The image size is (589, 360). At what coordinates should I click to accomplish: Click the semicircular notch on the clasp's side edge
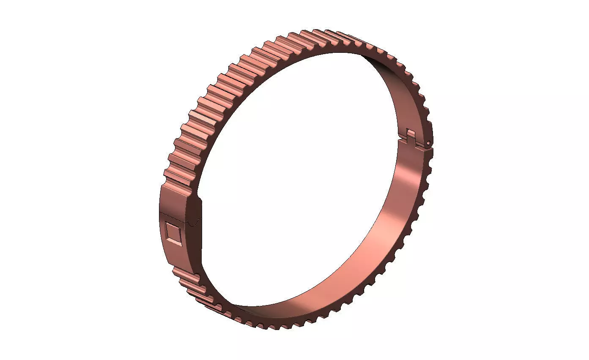(x=195, y=221)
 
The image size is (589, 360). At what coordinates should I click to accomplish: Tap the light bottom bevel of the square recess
(x=174, y=242)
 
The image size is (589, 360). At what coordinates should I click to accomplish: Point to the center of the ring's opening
(x=300, y=177)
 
